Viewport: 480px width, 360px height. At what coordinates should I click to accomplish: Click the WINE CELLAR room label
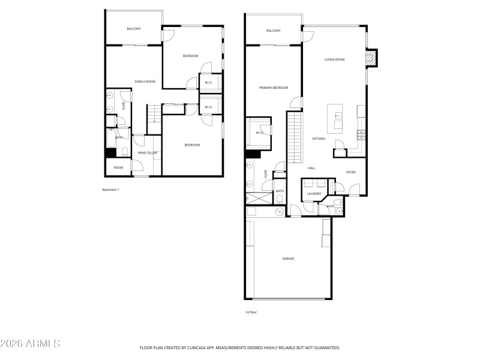click(x=148, y=153)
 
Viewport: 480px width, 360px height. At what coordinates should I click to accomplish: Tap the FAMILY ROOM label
click(x=145, y=82)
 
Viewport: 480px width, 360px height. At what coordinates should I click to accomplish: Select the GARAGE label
click(x=288, y=259)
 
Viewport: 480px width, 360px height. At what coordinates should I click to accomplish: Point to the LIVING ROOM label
click(x=334, y=59)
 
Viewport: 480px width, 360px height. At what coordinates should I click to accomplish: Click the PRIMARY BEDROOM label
click(x=273, y=88)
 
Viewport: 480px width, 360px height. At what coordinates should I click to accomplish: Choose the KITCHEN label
click(x=319, y=139)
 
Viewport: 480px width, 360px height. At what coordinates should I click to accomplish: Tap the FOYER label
click(x=351, y=172)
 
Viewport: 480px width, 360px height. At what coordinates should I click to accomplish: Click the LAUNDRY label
click(x=314, y=194)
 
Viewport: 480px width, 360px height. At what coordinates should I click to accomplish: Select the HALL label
click(x=311, y=168)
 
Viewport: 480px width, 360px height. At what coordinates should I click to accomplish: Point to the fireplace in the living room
click(x=372, y=58)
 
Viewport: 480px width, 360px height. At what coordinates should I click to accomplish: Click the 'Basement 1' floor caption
click(x=111, y=190)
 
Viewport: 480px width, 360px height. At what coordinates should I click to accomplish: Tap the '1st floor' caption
click(x=251, y=312)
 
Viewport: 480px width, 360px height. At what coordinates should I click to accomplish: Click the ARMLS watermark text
click(x=30, y=344)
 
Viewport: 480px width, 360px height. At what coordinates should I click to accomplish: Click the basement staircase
click(x=154, y=113)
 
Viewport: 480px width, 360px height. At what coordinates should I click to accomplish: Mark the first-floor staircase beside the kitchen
click(x=293, y=137)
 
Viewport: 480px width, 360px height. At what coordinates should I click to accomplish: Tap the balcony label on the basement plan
click(x=133, y=29)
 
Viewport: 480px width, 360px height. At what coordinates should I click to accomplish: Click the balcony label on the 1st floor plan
click(x=273, y=31)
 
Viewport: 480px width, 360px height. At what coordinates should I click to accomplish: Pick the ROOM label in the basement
click(x=119, y=167)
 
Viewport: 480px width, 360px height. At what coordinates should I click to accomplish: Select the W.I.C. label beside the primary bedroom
click(x=260, y=133)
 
